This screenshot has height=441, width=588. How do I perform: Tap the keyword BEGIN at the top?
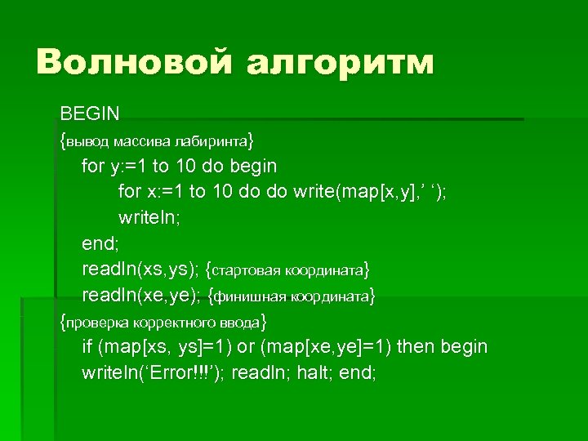click(90, 111)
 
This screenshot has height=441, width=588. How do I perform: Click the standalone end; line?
click(99, 243)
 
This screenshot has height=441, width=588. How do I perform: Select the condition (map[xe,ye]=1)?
click(326, 347)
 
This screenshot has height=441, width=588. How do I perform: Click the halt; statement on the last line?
click(310, 373)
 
